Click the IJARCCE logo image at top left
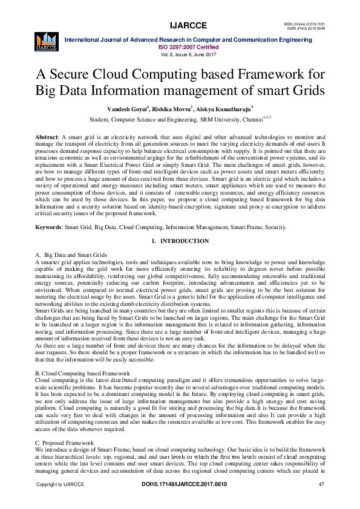(46, 41)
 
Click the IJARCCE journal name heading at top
(189, 25)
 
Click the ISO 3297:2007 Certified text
(189, 46)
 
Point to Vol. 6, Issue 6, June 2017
(189, 54)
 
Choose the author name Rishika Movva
(172, 109)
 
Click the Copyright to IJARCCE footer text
(60, 485)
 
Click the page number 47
(321, 485)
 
